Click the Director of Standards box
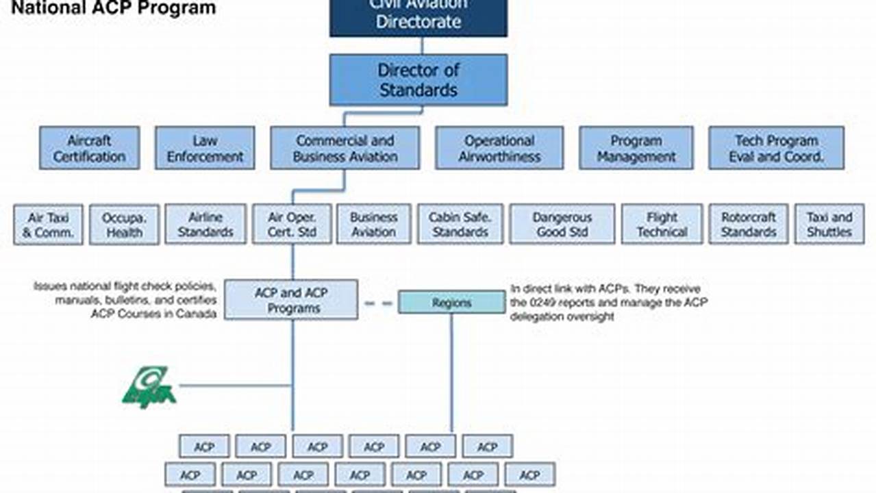click(418, 80)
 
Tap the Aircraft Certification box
click(89, 148)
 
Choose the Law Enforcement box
click(205, 148)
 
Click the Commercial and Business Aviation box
click(345, 148)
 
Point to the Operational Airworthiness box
click(499, 148)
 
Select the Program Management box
click(636, 148)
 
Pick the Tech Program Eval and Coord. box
click(776, 148)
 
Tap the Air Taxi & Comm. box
click(48, 225)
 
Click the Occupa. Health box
click(124, 225)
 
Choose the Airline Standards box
click(205, 225)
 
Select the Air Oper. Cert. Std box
click(292, 225)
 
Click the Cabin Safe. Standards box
click(460, 225)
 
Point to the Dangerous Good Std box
click(562, 225)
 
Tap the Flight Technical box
click(662, 225)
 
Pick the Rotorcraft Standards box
click(748, 225)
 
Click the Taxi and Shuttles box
click(829, 225)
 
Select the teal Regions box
click(451, 303)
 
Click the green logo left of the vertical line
click(149, 388)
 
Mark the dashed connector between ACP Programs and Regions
click(378, 303)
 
